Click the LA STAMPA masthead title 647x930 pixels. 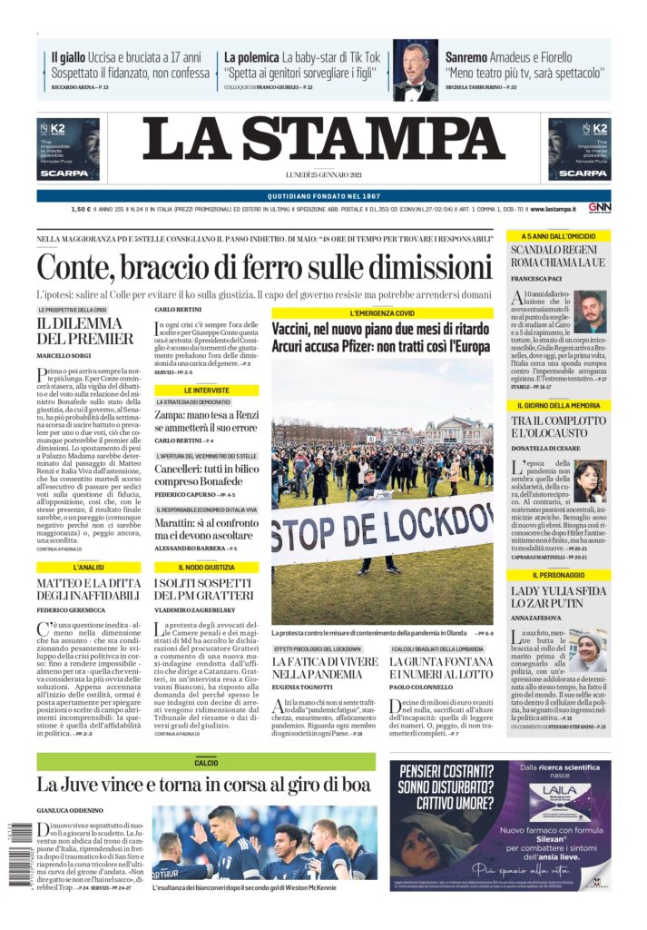click(323, 139)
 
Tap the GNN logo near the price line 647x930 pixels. click(598, 209)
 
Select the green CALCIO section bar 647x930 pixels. click(206, 763)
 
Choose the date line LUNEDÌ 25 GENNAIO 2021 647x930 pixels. click(323, 174)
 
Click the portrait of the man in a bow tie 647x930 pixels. click(415, 71)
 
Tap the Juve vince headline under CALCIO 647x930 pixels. click(204, 784)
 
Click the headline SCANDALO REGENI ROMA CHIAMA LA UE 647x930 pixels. click(557, 256)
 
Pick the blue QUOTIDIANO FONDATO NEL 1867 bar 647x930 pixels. click(323, 195)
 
